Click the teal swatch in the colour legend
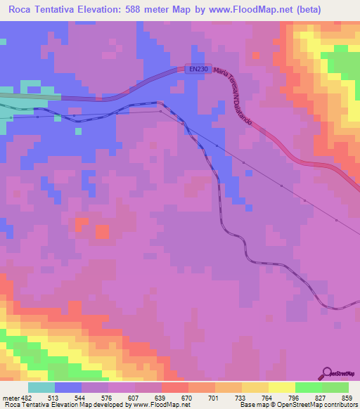(41, 387)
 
